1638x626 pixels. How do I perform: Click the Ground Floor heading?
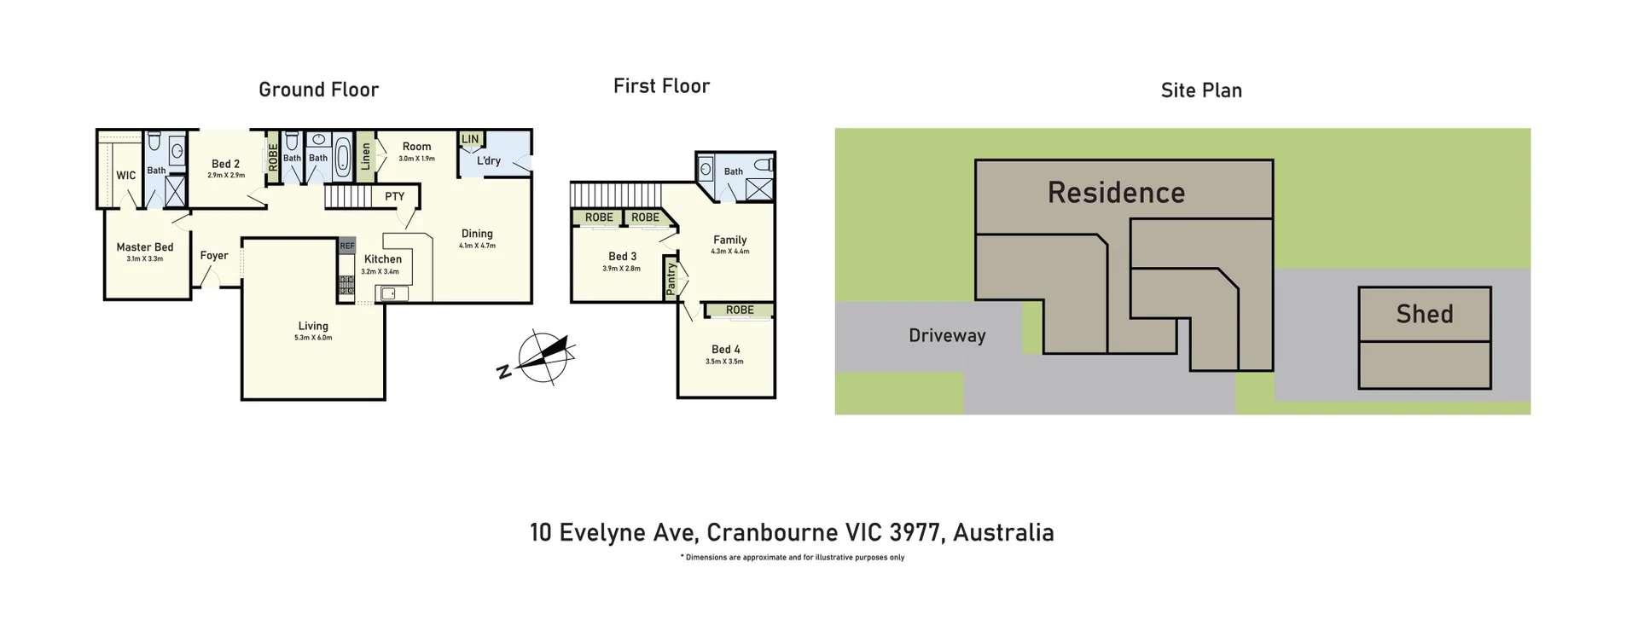[318, 90]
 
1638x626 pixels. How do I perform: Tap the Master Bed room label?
[145, 247]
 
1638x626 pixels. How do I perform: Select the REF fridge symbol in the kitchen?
[346, 246]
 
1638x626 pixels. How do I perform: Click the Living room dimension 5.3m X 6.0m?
[313, 338]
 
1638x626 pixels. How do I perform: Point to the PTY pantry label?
[394, 196]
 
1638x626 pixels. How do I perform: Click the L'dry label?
[489, 160]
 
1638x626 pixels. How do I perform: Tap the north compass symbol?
[543, 356]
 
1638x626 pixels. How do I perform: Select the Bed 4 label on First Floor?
[725, 349]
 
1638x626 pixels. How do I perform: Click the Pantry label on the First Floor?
[671, 278]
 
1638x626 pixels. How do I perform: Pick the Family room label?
[729, 240]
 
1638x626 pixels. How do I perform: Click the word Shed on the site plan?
[1424, 314]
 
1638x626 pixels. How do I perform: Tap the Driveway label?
[947, 335]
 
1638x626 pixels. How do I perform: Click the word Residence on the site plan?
[1116, 193]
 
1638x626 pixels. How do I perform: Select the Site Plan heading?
[1200, 90]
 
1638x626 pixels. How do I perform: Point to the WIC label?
[125, 175]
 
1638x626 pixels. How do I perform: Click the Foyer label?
[214, 255]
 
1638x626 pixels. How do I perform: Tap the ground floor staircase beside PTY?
[347, 197]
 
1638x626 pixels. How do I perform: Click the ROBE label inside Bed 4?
[740, 310]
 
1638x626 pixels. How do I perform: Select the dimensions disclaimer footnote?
[792, 558]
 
